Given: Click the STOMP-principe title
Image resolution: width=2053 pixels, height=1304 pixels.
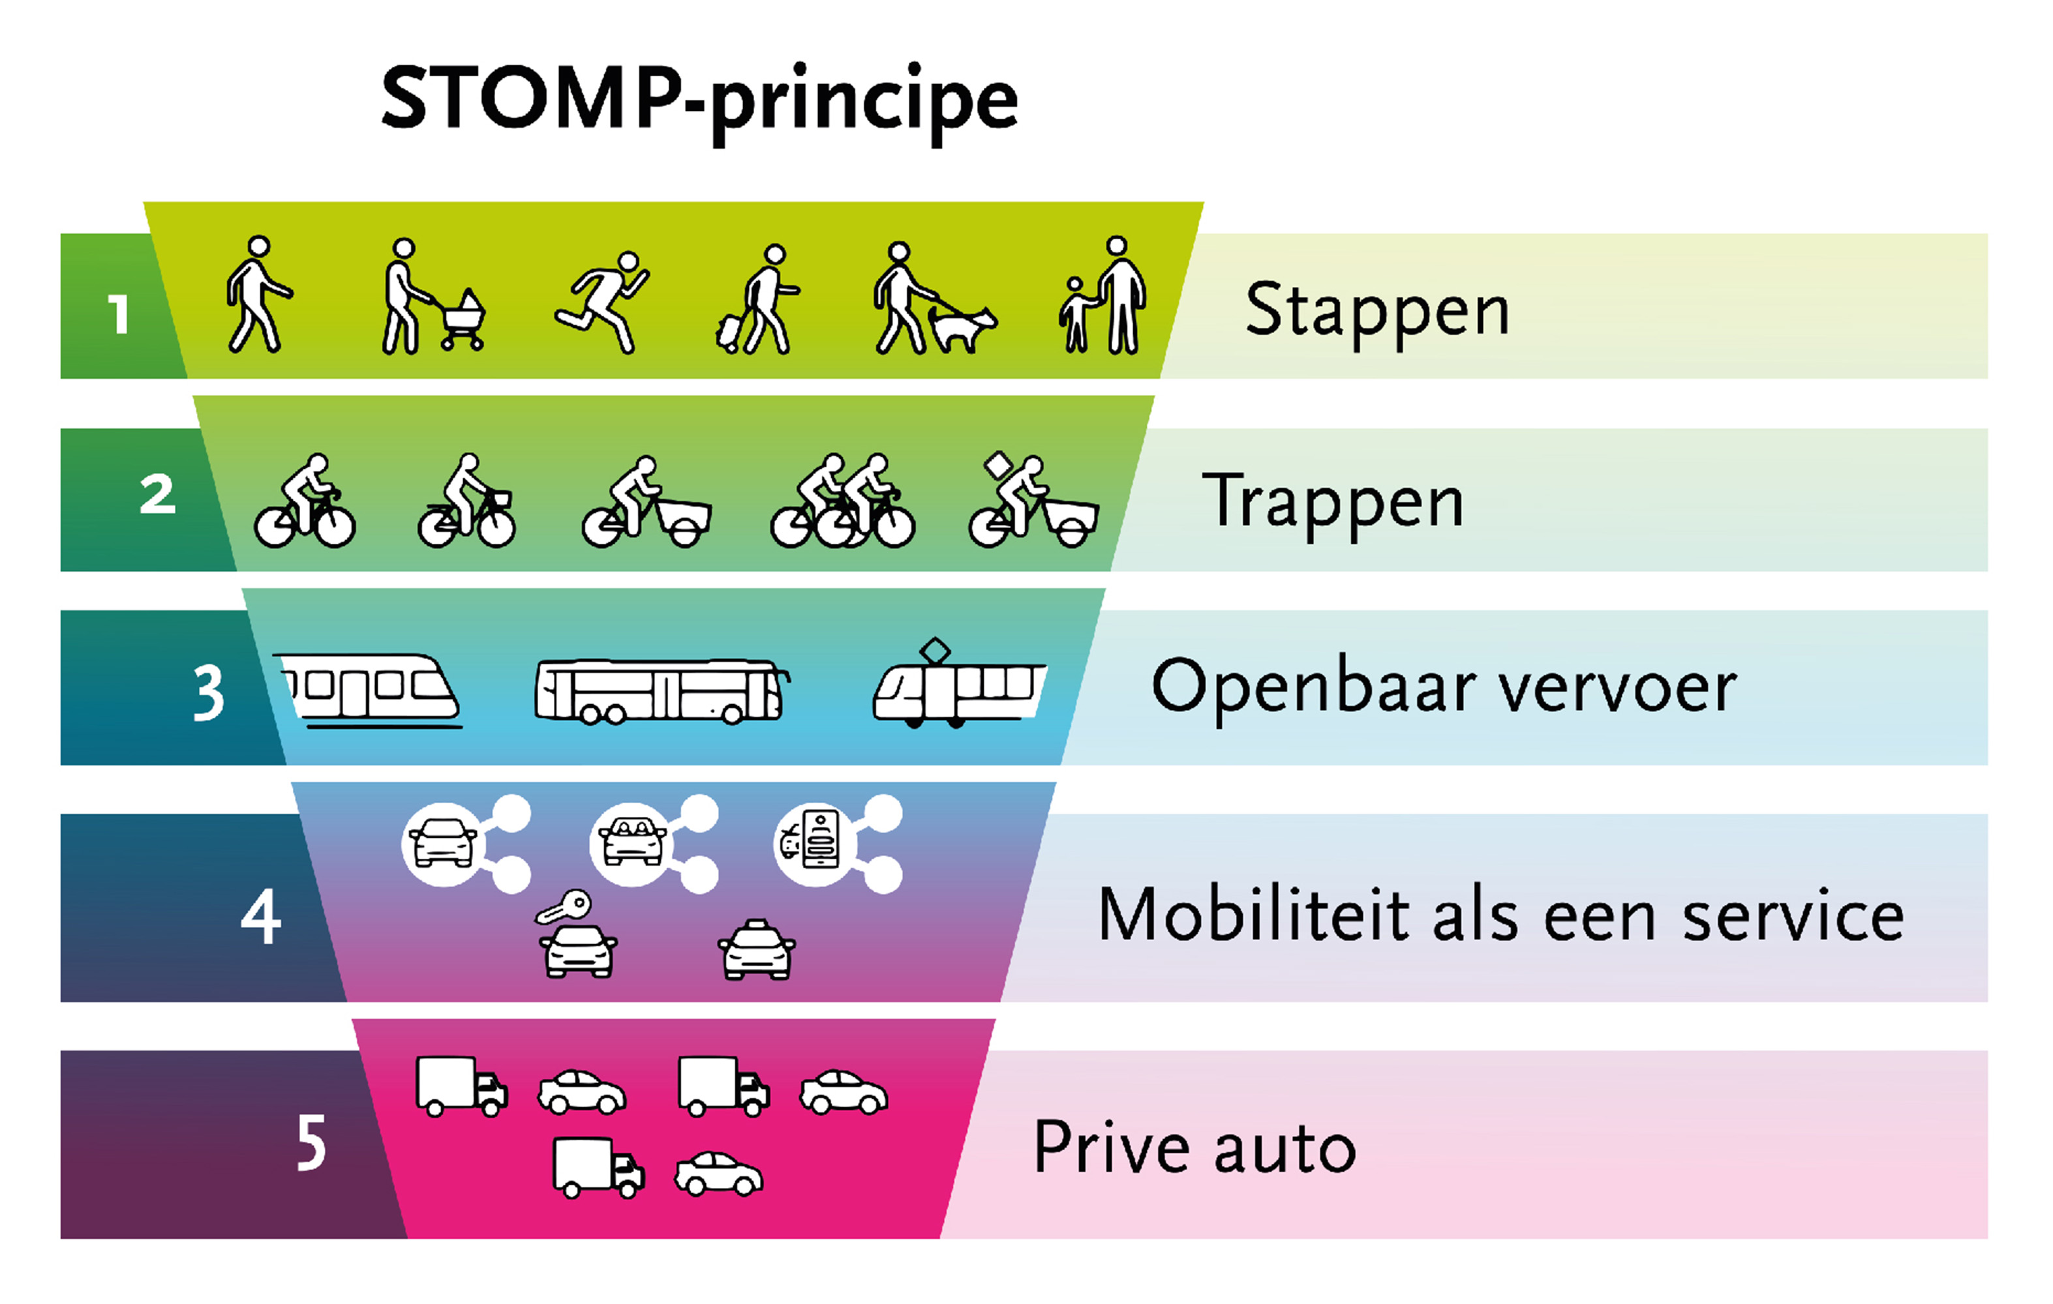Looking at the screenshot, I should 699,100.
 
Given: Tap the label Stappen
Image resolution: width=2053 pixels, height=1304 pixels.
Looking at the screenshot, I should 1377,310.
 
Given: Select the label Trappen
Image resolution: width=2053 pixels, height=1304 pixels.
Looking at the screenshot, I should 1333,503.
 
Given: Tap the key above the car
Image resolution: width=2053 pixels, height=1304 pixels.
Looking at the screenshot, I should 563,908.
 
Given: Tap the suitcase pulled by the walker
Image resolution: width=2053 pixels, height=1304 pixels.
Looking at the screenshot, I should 730,333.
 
